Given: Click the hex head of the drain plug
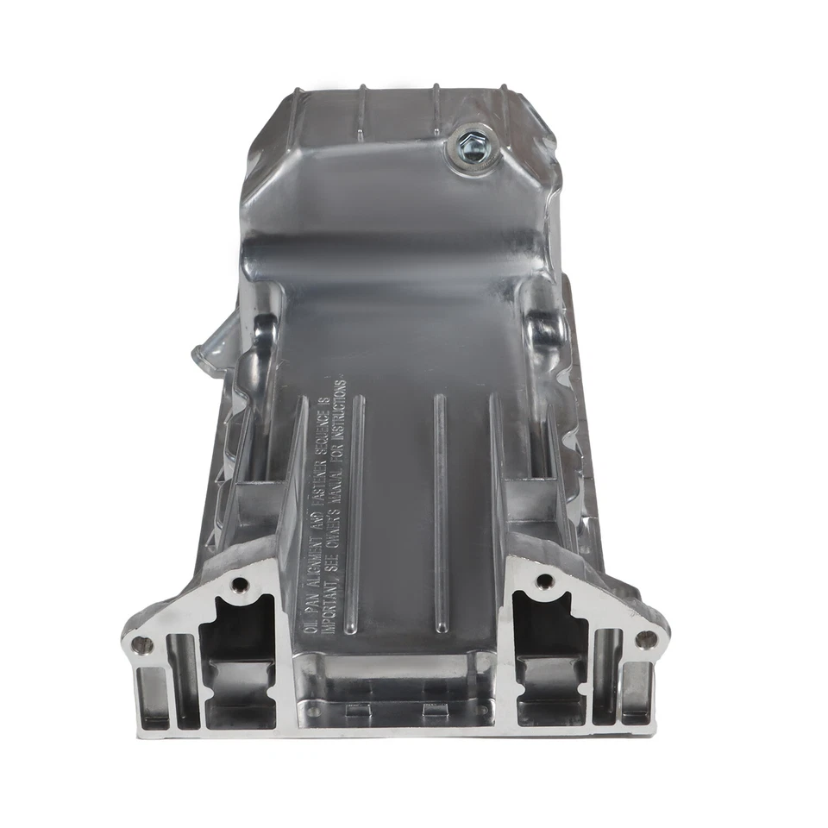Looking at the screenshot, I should point(471,142).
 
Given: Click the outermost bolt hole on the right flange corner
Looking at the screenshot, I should point(644,639).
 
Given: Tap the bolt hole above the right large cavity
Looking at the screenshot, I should point(543,581).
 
